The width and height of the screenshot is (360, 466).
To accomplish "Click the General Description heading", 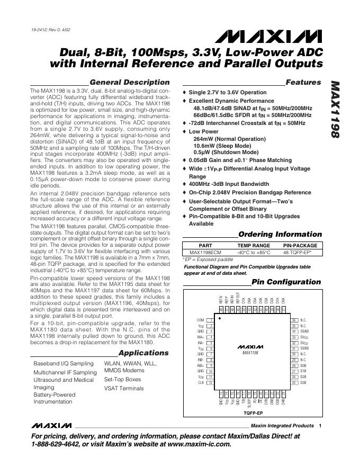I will click(x=130, y=83).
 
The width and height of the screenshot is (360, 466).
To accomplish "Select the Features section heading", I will click(x=303, y=83).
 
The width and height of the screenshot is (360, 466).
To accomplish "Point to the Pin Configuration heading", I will click(x=286, y=282).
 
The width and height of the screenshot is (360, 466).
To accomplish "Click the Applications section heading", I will click(x=143, y=353).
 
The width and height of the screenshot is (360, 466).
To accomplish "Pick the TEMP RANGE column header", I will click(x=254, y=246).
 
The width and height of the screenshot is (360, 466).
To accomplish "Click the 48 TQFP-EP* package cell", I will click(x=300, y=253).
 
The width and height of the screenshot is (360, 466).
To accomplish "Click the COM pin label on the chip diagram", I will click(x=200, y=320).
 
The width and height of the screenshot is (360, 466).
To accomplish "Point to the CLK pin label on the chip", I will click(x=201, y=382).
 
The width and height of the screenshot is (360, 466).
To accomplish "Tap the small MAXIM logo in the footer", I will click(x=51, y=425).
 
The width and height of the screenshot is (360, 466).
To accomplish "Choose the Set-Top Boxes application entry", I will click(x=123, y=380).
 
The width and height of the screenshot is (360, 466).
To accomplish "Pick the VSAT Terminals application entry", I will click(x=124, y=388).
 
